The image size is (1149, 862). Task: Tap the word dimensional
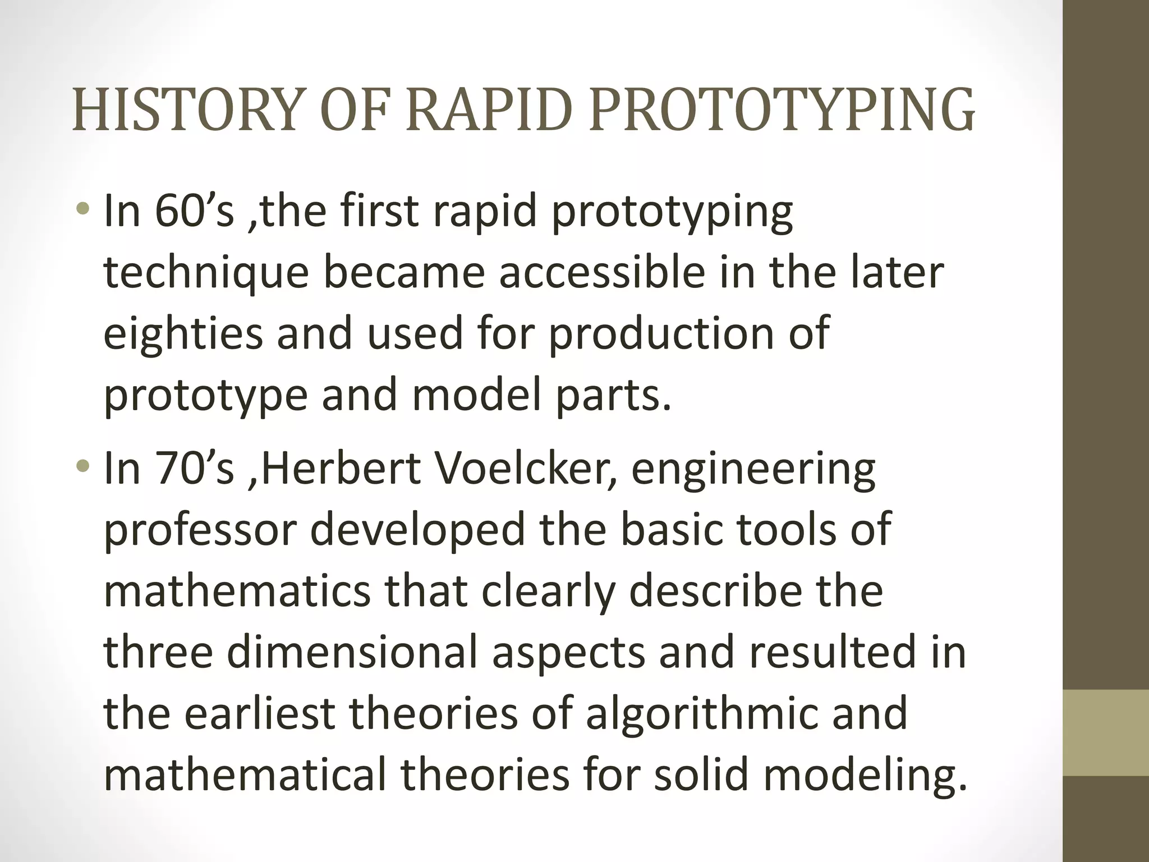click(352, 652)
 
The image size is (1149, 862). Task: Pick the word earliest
click(259, 713)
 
